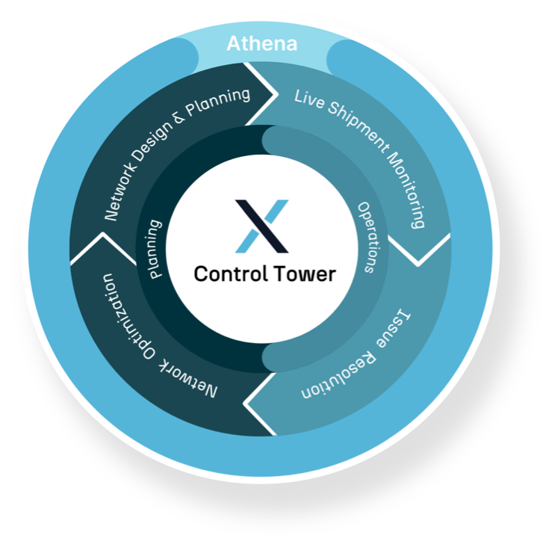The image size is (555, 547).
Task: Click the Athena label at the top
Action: coord(261,43)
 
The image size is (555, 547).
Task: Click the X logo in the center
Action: coord(261,226)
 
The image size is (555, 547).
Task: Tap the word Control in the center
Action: coord(226,273)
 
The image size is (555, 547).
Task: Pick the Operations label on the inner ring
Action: coord(370,238)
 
